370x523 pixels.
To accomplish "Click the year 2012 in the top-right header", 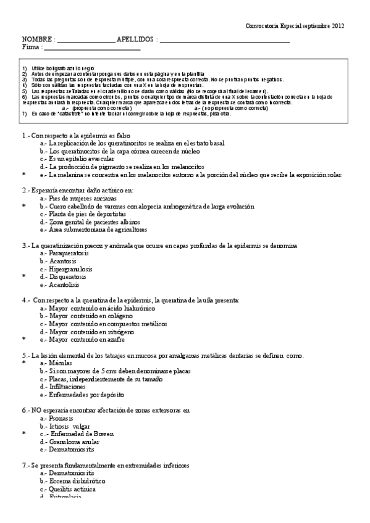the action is pyautogui.click(x=338, y=26).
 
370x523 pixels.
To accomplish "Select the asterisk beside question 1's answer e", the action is pyautogui.click(x=23, y=175).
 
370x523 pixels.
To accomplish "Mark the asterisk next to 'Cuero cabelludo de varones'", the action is pyautogui.click(x=23, y=207).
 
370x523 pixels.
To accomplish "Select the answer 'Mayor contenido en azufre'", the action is pyautogui.click(x=86, y=339).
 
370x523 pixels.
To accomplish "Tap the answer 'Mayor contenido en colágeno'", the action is pyautogui.click(x=90, y=316).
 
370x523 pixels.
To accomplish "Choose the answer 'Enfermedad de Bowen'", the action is pyautogui.click(x=85, y=434).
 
